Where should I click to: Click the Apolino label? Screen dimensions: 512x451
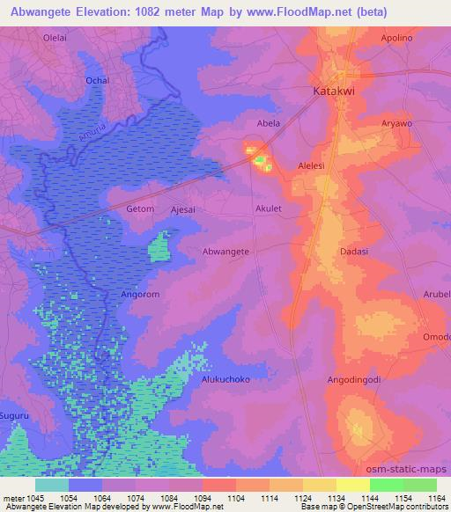(x=397, y=39)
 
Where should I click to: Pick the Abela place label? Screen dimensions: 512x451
(x=268, y=123)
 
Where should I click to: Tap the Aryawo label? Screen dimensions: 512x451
(x=396, y=124)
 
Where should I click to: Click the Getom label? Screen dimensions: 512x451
(x=140, y=209)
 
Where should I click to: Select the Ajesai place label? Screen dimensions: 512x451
(x=183, y=209)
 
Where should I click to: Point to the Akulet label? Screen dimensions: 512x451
(x=268, y=209)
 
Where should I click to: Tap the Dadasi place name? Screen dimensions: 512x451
(x=354, y=252)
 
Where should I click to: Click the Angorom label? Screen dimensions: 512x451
(x=140, y=295)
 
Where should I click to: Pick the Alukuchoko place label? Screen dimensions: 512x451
(x=226, y=380)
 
